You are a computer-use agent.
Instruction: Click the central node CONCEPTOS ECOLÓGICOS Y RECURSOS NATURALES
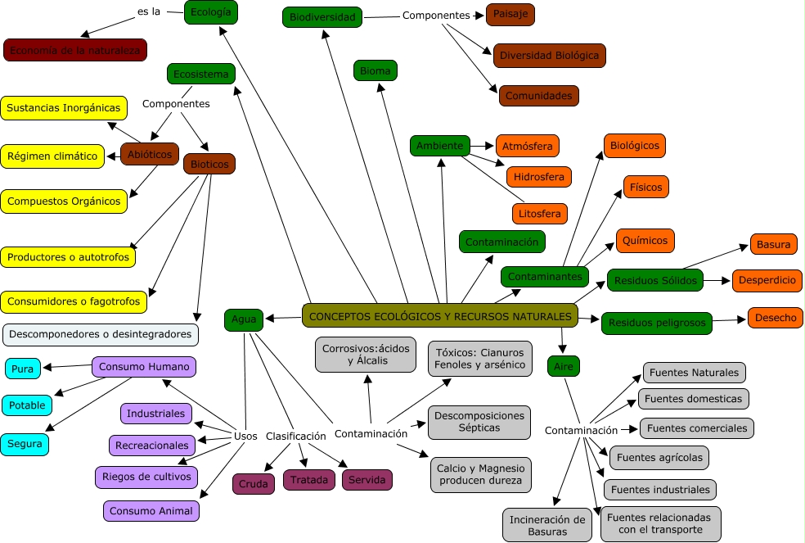[x=440, y=315]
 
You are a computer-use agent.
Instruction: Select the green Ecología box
[x=211, y=12]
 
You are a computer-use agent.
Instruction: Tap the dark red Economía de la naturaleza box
[x=75, y=50]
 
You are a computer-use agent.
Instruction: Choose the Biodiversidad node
[x=323, y=16]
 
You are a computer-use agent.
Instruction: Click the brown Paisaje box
[x=510, y=14]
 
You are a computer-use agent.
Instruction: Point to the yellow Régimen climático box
[x=52, y=156]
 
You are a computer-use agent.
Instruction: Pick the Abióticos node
[x=150, y=154]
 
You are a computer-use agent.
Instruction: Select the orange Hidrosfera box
[x=538, y=176]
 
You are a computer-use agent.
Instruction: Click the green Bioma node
[x=376, y=70]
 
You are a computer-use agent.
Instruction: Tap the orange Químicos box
[x=645, y=241]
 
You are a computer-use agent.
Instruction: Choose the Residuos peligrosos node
[x=657, y=323]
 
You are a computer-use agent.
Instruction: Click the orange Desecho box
[x=775, y=318]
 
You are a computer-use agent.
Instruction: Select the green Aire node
[x=564, y=366]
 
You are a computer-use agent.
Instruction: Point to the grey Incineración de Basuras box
[x=547, y=525]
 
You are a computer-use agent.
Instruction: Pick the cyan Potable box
[x=27, y=405]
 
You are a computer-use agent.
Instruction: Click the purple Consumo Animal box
[x=151, y=511]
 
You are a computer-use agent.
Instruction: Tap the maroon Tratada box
[x=309, y=480]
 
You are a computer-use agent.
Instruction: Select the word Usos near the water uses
[x=245, y=436]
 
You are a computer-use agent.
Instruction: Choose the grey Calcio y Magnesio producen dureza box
[x=481, y=474]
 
